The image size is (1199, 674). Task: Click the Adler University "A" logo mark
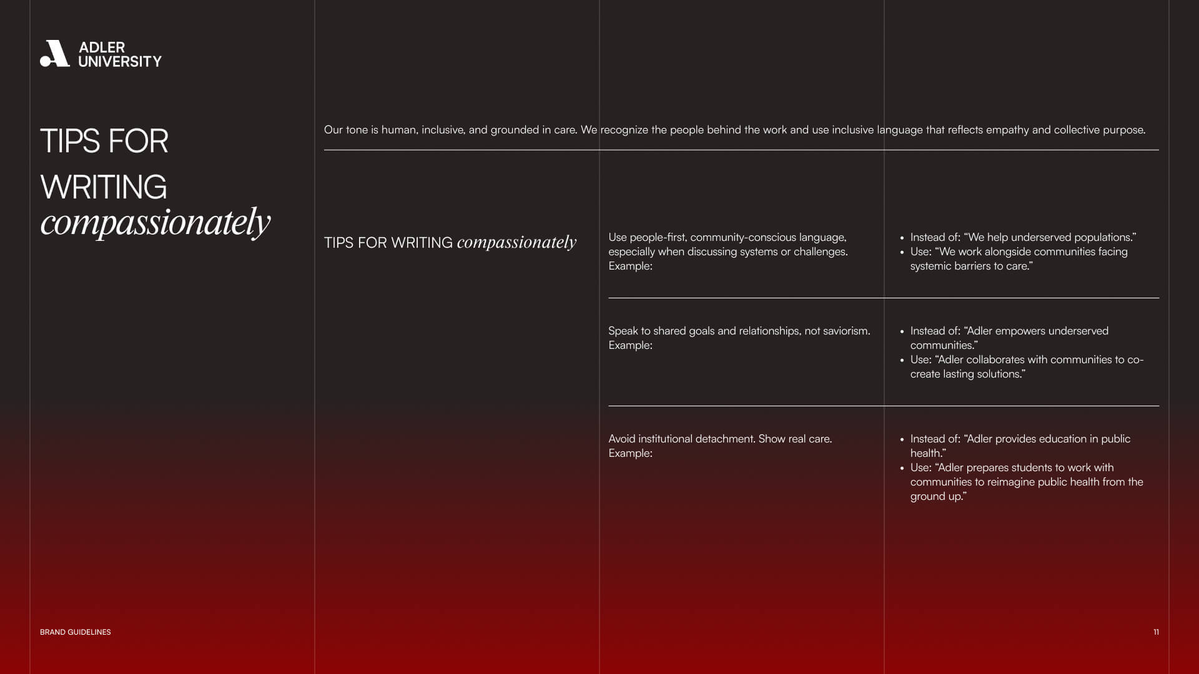(55, 54)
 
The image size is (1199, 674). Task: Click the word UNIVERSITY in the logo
(120, 62)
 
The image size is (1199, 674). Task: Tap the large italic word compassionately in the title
(155, 222)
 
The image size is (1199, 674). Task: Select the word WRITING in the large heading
(104, 187)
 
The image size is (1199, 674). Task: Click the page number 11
(1156, 632)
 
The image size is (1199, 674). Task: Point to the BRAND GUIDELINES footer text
(76, 632)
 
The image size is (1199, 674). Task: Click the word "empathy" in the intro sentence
(1007, 130)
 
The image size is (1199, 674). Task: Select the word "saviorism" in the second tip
(845, 331)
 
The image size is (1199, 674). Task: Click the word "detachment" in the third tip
(724, 439)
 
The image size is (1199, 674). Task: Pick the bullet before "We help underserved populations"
(902, 238)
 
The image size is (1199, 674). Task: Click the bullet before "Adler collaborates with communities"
(902, 360)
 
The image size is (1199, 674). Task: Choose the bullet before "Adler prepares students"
(902, 468)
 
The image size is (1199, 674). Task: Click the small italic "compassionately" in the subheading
(516, 242)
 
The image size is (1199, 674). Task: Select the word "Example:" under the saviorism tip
(630, 345)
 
